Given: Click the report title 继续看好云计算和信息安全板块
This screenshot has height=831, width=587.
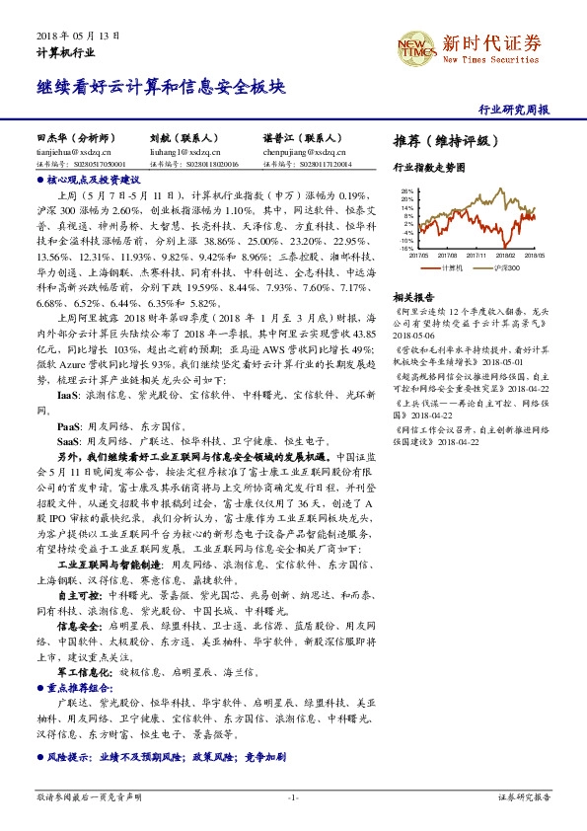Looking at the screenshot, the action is pos(161,87).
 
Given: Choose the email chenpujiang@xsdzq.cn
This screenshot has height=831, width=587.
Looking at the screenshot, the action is pos(298,153).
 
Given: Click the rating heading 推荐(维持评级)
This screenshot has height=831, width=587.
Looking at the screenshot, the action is pos(440,140).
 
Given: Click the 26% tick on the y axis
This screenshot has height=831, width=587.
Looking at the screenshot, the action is pos(407,191).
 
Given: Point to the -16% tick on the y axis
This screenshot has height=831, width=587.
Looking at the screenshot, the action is pos(406,248).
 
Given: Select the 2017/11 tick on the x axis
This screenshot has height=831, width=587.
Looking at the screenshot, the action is pos(477,255).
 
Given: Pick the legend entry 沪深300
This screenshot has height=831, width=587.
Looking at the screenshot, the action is pos(507,266).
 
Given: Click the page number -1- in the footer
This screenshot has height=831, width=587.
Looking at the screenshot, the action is pos(293,796).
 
